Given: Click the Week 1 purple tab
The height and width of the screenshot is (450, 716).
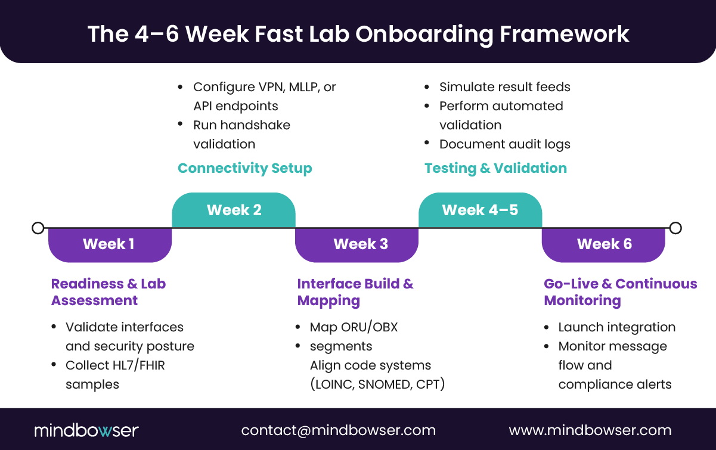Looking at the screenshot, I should [x=110, y=244].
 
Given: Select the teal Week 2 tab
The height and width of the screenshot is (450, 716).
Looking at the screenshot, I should [x=234, y=210].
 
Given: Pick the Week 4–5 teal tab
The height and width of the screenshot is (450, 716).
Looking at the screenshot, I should [x=480, y=210].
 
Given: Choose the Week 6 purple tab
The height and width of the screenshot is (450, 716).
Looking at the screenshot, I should [x=603, y=244].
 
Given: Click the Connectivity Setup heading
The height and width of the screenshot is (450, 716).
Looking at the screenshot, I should [x=245, y=168].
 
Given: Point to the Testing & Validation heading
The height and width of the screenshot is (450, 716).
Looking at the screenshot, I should [x=495, y=168].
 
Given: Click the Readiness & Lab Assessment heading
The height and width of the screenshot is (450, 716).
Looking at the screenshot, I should [x=109, y=292].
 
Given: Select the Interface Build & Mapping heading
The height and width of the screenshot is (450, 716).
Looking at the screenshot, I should [x=355, y=292].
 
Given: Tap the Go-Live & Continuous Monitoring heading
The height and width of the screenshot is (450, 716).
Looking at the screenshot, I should [x=620, y=292].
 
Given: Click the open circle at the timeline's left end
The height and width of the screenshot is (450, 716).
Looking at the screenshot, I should [x=38, y=228].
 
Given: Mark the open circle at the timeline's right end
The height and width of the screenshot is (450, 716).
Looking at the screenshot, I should [x=675, y=228].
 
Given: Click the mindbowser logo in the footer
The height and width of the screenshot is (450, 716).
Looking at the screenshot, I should [x=86, y=430].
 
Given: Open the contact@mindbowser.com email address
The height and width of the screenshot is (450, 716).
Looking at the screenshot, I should [x=339, y=430].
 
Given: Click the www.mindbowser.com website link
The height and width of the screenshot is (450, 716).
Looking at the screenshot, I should [x=590, y=430].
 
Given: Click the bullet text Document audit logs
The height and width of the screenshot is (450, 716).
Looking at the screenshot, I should [x=505, y=144].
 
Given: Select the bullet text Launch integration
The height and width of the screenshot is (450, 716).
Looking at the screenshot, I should [x=617, y=327].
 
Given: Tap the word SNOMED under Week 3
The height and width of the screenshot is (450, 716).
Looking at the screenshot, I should [x=382, y=384].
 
